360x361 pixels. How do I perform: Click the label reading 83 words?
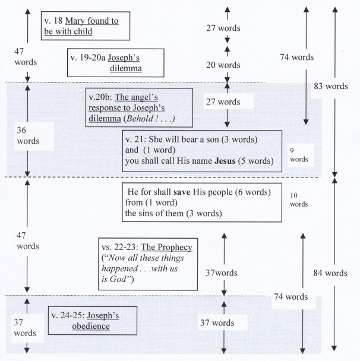tap(330, 86)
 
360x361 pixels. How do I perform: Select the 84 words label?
tap(330, 273)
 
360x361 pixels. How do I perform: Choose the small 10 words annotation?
tap(298, 199)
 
